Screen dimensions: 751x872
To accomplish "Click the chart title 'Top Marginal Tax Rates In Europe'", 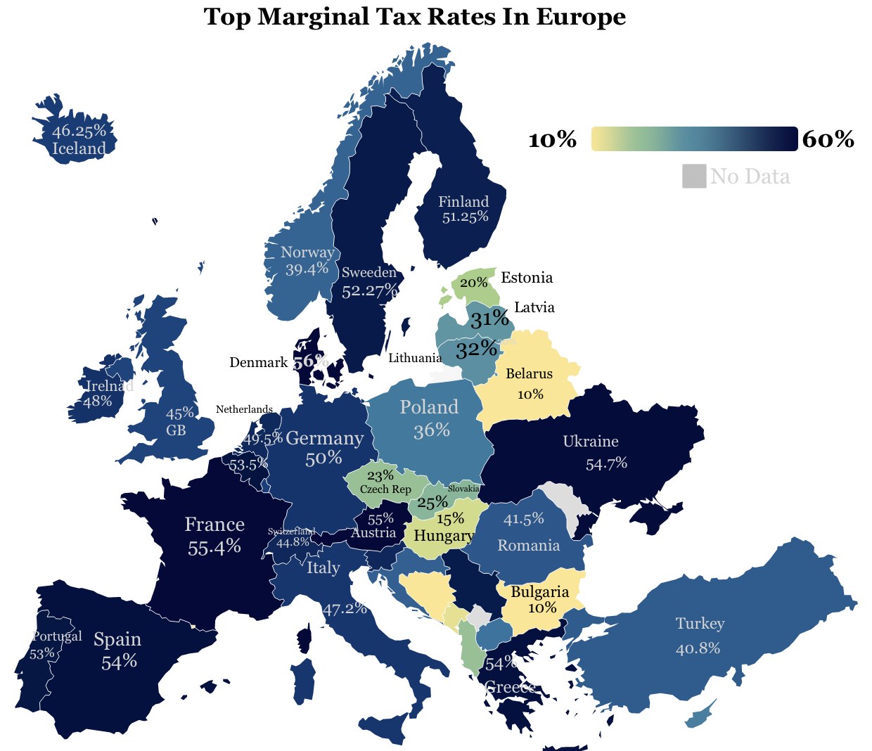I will coord(414,16).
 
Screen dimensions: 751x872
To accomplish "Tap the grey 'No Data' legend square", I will coord(693,176).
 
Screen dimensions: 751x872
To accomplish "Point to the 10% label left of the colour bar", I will coord(552,140).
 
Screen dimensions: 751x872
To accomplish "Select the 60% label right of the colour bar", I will coord(828,140).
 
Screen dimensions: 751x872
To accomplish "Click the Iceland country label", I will coord(79,149).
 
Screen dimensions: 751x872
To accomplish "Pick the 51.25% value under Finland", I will coord(465,217).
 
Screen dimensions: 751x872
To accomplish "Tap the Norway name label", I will coord(307,252).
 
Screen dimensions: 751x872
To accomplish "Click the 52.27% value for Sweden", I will coord(370,290).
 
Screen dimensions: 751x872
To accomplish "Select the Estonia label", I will coord(527,278).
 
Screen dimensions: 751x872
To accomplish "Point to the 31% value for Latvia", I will coord(489,319).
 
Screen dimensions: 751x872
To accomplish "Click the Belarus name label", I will coord(529,373).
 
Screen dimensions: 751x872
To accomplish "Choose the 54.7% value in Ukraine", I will coord(606,464).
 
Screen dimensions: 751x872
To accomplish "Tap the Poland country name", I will coord(429,407).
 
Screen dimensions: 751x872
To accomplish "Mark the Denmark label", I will coord(258,363).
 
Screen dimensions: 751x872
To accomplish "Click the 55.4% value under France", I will coord(214,547).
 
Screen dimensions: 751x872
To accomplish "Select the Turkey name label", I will coord(700,624).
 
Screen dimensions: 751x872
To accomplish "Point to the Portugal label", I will coord(57,636).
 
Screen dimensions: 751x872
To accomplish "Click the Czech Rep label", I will coord(385,489).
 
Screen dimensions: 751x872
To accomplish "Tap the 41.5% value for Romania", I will coord(524,520).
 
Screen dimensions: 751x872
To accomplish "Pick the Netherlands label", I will coord(244,409).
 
